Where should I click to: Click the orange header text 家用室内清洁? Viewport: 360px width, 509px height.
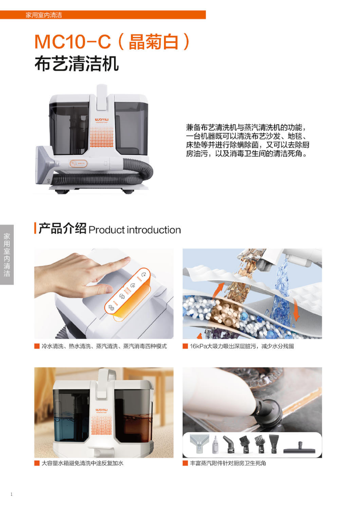click(x=44, y=15)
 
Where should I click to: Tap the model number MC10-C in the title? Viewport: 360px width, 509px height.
click(x=73, y=42)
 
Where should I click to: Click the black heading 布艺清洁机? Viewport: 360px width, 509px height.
click(x=76, y=63)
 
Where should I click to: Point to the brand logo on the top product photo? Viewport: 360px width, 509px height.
click(x=102, y=120)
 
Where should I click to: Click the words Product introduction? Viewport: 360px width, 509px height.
click(x=134, y=230)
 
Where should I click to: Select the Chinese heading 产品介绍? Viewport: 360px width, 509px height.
click(x=62, y=228)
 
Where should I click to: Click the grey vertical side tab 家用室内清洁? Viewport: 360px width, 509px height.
click(x=7, y=255)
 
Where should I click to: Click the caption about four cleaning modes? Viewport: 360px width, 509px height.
click(x=104, y=346)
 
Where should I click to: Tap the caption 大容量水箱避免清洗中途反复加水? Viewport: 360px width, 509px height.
click(x=82, y=463)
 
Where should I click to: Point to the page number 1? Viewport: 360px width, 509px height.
click(x=12, y=494)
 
